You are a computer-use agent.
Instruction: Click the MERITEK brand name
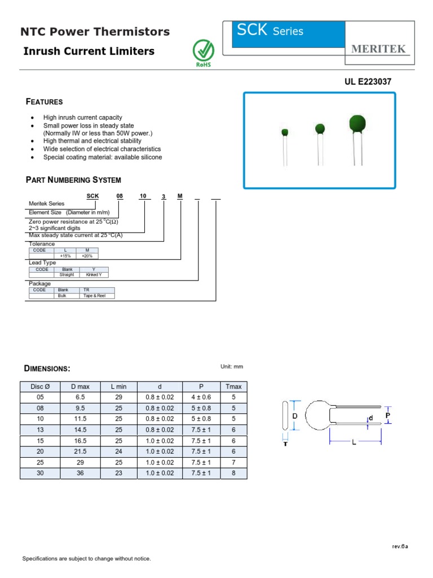click(378, 49)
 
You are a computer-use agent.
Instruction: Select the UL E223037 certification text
click(368, 82)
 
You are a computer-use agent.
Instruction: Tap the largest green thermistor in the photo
click(357, 123)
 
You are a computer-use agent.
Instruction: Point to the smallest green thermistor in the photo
click(285, 132)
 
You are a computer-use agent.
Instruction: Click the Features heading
click(45, 102)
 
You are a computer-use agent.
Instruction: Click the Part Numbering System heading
click(73, 180)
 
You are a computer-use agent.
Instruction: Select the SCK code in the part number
click(92, 196)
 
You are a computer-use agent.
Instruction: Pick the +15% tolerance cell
click(65, 256)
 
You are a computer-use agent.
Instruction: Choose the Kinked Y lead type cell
click(94, 275)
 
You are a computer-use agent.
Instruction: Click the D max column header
click(80, 387)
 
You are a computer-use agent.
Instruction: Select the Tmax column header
click(233, 387)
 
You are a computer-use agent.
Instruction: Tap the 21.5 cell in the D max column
click(80, 452)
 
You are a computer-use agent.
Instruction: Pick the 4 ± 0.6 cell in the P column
click(201, 397)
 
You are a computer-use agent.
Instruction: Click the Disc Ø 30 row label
click(39, 473)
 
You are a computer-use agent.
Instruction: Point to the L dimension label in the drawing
click(354, 443)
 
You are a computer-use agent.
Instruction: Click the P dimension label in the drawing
click(388, 415)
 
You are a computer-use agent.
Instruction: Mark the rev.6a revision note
click(400, 546)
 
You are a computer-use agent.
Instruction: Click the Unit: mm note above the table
click(232, 367)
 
